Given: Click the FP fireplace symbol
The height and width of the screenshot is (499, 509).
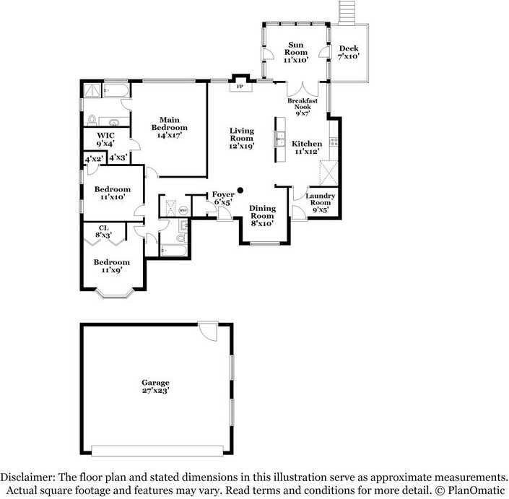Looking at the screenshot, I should click(240, 87).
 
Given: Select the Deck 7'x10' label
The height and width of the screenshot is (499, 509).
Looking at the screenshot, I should click(348, 52).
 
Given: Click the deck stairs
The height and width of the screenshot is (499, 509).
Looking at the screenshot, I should click(349, 12).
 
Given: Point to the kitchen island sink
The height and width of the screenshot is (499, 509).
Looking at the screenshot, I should click(279, 137).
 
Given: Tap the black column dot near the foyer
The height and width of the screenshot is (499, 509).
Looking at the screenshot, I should click(240, 191).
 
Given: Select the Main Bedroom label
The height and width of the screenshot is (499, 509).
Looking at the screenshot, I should click(169, 127).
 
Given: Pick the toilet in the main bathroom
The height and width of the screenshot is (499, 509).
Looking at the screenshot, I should click(92, 120).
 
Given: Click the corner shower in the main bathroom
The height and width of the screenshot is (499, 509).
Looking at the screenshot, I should click(92, 90).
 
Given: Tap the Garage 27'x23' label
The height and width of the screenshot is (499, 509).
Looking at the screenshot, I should click(155, 386).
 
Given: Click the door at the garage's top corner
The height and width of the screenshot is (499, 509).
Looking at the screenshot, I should click(209, 333).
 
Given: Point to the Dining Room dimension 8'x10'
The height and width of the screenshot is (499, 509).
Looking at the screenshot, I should click(262, 224).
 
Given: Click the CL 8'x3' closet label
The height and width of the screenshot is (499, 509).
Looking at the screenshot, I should click(105, 230).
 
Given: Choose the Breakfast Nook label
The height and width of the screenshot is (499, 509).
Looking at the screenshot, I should click(303, 105).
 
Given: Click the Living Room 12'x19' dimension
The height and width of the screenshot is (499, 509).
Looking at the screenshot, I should click(241, 147).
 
